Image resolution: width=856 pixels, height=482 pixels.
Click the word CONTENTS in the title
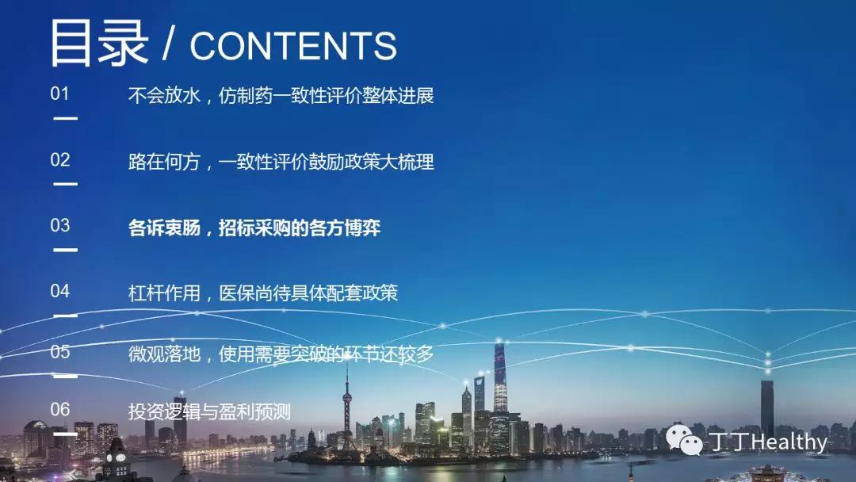coord(293,46)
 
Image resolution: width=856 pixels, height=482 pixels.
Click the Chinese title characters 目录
coord(99,43)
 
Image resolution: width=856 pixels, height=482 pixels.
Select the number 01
coord(60,94)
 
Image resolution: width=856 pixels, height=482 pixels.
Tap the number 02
coord(60,160)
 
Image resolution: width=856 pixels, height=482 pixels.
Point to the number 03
coord(60,225)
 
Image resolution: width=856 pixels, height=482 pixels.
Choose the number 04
coord(60,291)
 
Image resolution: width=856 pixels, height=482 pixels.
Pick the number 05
coord(60,351)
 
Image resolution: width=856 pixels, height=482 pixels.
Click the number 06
coord(60,409)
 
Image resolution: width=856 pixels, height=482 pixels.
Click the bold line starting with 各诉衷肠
coord(254,228)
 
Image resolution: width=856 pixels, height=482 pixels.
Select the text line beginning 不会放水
coord(281,95)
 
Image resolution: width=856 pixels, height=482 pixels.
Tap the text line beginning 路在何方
coord(281,162)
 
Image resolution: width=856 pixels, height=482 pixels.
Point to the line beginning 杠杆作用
coord(263,293)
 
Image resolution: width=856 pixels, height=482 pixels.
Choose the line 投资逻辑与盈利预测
coord(209,411)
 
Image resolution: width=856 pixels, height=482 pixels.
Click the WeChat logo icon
coord(684,439)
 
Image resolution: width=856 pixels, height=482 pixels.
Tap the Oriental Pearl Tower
coord(347,409)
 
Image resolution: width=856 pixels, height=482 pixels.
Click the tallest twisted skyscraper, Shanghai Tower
coord(500,377)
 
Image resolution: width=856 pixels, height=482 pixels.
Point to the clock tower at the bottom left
coord(117,458)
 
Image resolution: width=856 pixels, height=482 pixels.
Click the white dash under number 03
coord(66,250)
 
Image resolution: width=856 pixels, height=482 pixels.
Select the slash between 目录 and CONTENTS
coord(169,44)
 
